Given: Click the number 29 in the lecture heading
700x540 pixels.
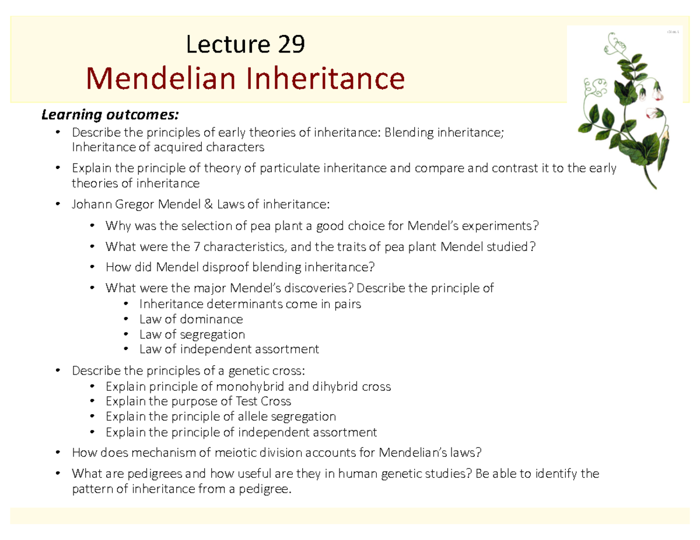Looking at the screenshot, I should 289,45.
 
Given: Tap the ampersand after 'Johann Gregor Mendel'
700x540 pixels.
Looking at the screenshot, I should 208,204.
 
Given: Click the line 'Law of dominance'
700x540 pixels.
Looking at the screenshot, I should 191,319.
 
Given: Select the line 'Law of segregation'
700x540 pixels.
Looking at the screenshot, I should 192,334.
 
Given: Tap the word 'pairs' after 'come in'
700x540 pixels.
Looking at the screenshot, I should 346,304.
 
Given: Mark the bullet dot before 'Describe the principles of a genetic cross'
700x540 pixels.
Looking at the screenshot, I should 57,371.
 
